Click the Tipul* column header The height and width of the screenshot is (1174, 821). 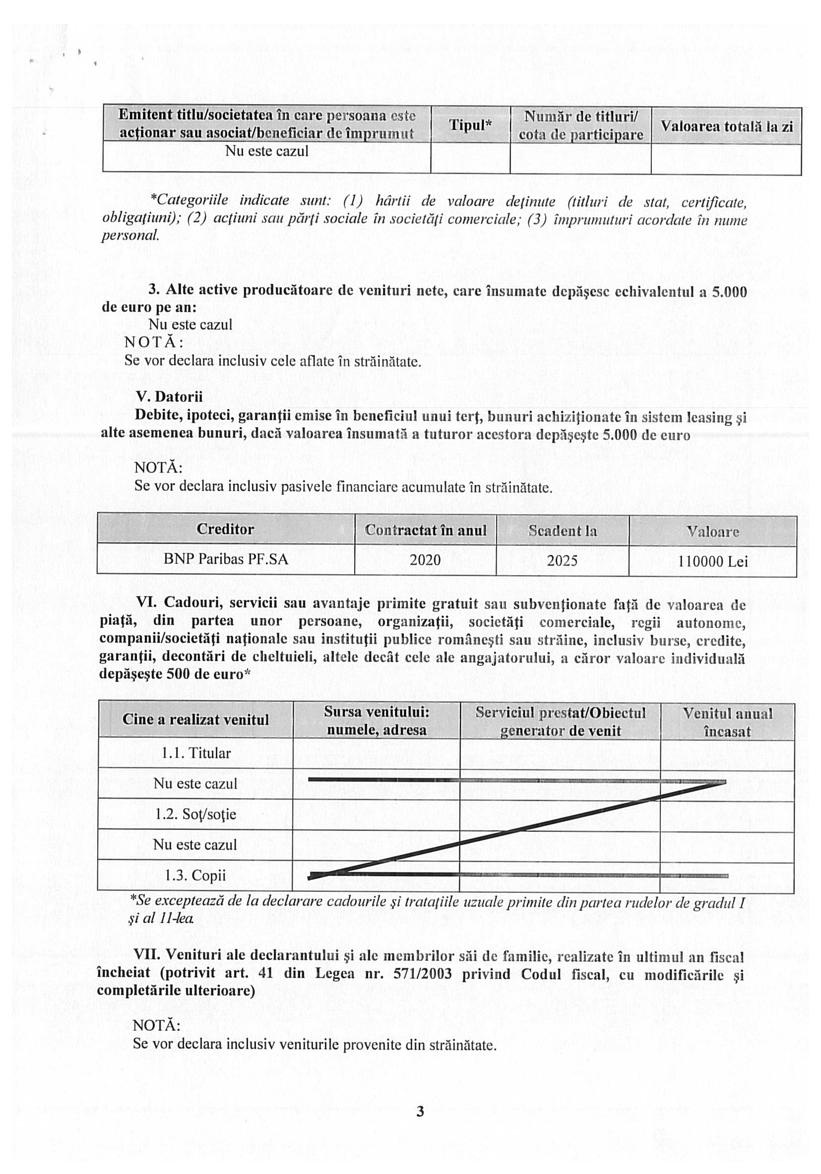click(x=470, y=125)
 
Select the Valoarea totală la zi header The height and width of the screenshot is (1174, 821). click(x=726, y=126)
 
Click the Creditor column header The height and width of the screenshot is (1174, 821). click(x=225, y=529)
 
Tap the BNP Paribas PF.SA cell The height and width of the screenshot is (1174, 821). click(x=226, y=559)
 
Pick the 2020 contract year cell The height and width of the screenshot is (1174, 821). click(x=425, y=560)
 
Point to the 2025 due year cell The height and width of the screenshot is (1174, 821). click(x=562, y=561)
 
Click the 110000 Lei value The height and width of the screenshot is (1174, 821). click(x=712, y=562)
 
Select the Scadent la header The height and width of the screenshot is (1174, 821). click(x=562, y=531)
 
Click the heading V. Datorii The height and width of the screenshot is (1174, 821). click(x=169, y=397)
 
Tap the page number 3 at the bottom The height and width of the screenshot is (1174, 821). click(x=420, y=1111)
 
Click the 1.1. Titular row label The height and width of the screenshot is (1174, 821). click(x=196, y=753)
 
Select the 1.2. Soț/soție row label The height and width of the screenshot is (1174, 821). click(x=195, y=814)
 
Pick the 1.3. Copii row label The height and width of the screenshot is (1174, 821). click(x=195, y=876)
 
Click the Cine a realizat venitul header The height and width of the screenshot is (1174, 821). click(x=195, y=719)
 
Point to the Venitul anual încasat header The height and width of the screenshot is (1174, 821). click(x=727, y=722)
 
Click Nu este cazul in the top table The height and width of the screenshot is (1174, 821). click(x=266, y=151)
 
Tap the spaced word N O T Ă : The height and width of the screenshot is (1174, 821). click(x=154, y=342)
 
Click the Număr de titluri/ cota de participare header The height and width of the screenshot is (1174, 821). click(x=580, y=126)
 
